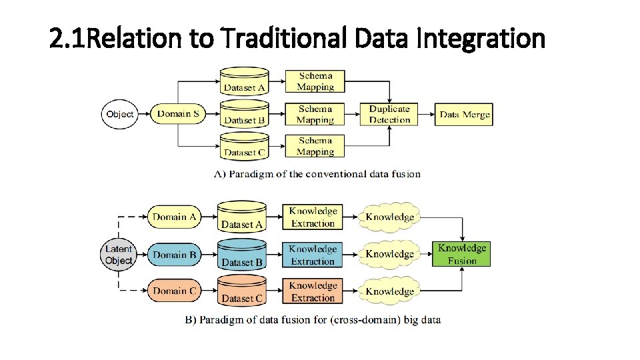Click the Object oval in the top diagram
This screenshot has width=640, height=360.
click(x=119, y=114)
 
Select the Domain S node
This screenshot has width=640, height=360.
click(x=178, y=114)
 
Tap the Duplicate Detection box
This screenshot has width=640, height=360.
click(x=389, y=114)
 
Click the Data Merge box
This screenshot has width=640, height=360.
click(x=465, y=114)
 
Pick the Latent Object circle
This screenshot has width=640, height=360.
click(x=119, y=255)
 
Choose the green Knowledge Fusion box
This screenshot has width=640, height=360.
click(x=462, y=254)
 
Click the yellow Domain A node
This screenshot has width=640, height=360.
click(x=175, y=217)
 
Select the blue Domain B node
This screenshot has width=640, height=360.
click(x=175, y=255)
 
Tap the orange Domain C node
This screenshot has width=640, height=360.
click(x=175, y=291)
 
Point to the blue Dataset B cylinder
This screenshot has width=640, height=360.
click(x=242, y=254)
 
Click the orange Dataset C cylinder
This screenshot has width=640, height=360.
click(x=242, y=291)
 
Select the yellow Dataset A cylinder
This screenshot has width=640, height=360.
click(x=242, y=217)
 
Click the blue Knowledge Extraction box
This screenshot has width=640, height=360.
click(x=313, y=255)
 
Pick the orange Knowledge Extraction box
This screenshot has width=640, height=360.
click(x=313, y=291)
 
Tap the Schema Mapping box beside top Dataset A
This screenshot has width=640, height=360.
click(x=315, y=81)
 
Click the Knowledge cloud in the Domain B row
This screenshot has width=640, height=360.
click(x=389, y=254)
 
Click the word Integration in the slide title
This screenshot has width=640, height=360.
click(x=480, y=39)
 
